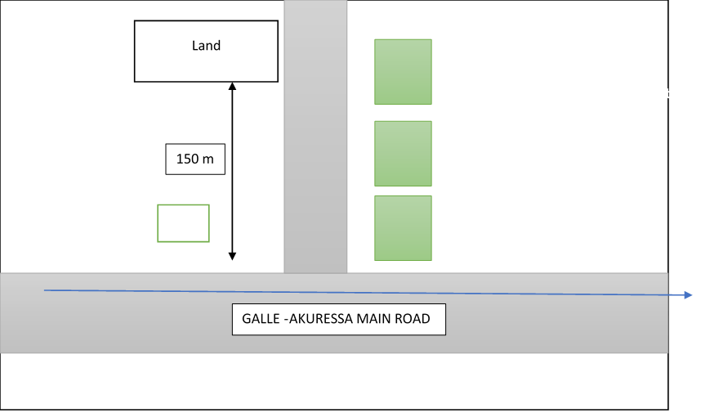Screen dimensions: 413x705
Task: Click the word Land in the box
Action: (206, 46)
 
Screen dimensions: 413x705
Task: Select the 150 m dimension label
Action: (194, 159)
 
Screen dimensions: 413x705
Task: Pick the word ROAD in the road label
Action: (412, 318)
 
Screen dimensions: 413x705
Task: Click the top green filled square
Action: (403, 72)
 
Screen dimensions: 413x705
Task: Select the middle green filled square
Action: (403, 154)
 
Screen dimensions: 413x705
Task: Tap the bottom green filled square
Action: (403, 228)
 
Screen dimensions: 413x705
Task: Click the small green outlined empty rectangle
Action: (183, 223)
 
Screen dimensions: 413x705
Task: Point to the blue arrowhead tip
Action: (694, 295)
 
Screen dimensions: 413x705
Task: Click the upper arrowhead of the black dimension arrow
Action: (232, 85)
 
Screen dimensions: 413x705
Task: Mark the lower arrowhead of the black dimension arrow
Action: (232, 257)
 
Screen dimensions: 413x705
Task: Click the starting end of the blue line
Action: (45, 290)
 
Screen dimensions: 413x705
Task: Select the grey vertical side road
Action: (315, 139)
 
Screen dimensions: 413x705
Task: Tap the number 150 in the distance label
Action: (188, 159)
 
